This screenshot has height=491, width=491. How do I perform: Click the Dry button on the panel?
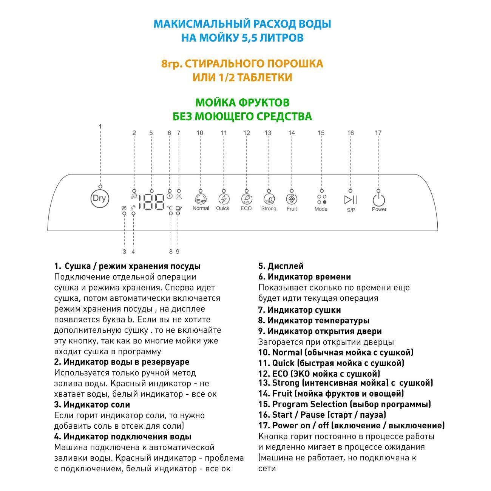point(100,198)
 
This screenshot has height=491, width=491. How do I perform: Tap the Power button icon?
point(378,200)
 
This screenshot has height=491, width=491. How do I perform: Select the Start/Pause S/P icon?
point(350,200)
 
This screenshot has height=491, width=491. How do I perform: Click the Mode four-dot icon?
point(321,199)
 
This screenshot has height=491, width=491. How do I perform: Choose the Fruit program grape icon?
point(292,199)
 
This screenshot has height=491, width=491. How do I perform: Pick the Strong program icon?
point(269,199)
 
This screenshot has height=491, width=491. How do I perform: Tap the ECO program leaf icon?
point(246,199)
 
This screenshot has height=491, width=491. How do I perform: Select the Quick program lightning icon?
point(224,199)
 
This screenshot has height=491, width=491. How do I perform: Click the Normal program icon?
point(201,199)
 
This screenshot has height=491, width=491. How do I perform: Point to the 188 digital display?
point(151,202)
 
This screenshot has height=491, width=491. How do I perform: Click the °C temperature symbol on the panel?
point(170,208)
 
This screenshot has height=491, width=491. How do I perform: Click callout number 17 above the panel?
point(378,133)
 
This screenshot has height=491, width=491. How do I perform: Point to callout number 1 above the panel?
point(100,126)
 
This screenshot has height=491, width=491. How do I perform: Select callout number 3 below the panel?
point(124,252)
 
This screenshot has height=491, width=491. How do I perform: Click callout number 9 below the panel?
point(178,252)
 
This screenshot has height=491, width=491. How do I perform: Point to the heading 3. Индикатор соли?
point(92,405)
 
